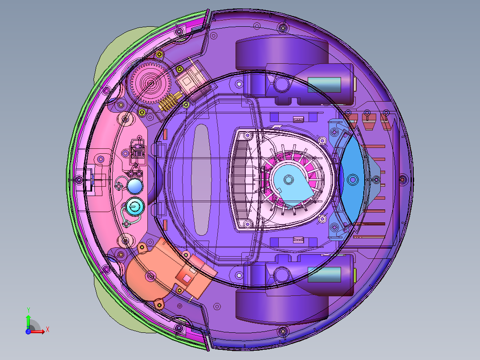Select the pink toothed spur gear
[150, 82]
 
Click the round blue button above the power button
[134, 186]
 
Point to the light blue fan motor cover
[293, 184]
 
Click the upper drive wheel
[281, 53]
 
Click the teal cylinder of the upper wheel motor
[324, 85]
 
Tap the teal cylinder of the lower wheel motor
[324, 274]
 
